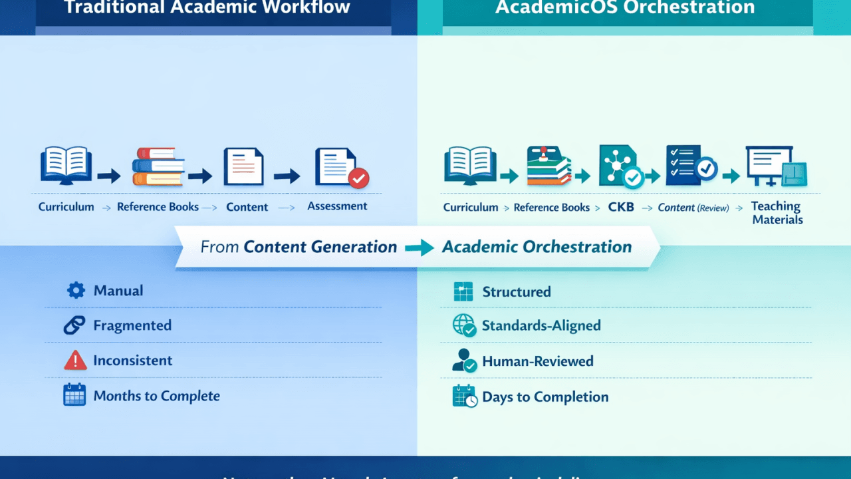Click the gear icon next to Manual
pyautogui.click(x=76, y=290)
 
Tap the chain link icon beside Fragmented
pyautogui.click(x=74, y=325)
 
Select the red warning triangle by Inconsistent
pyautogui.click(x=75, y=361)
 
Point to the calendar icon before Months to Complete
pyautogui.click(x=74, y=395)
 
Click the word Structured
pyautogui.click(x=516, y=291)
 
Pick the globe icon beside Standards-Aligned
pyautogui.click(x=463, y=325)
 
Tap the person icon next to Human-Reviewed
pyautogui.click(x=463, y=361)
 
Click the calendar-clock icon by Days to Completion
pyautogui.click(x=464, y=396)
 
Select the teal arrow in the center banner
pyautogui.click(x=419, y=247)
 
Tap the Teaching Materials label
pyautogui.click(x=777, y=213)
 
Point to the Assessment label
pyautogui.click(x=337, y=206)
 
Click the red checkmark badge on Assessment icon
pyautogui.click(x=358, y=178)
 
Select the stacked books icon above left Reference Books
pyautogui.click(x=158, y=166)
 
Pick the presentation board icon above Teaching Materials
pyautogui.click(x=776, y=166)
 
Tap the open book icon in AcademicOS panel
pyautogui.click(x=471, y=165)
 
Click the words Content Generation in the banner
pyautogui.click(x=320, y=247)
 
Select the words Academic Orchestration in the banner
pyautogui.click(x=537, y=247)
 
